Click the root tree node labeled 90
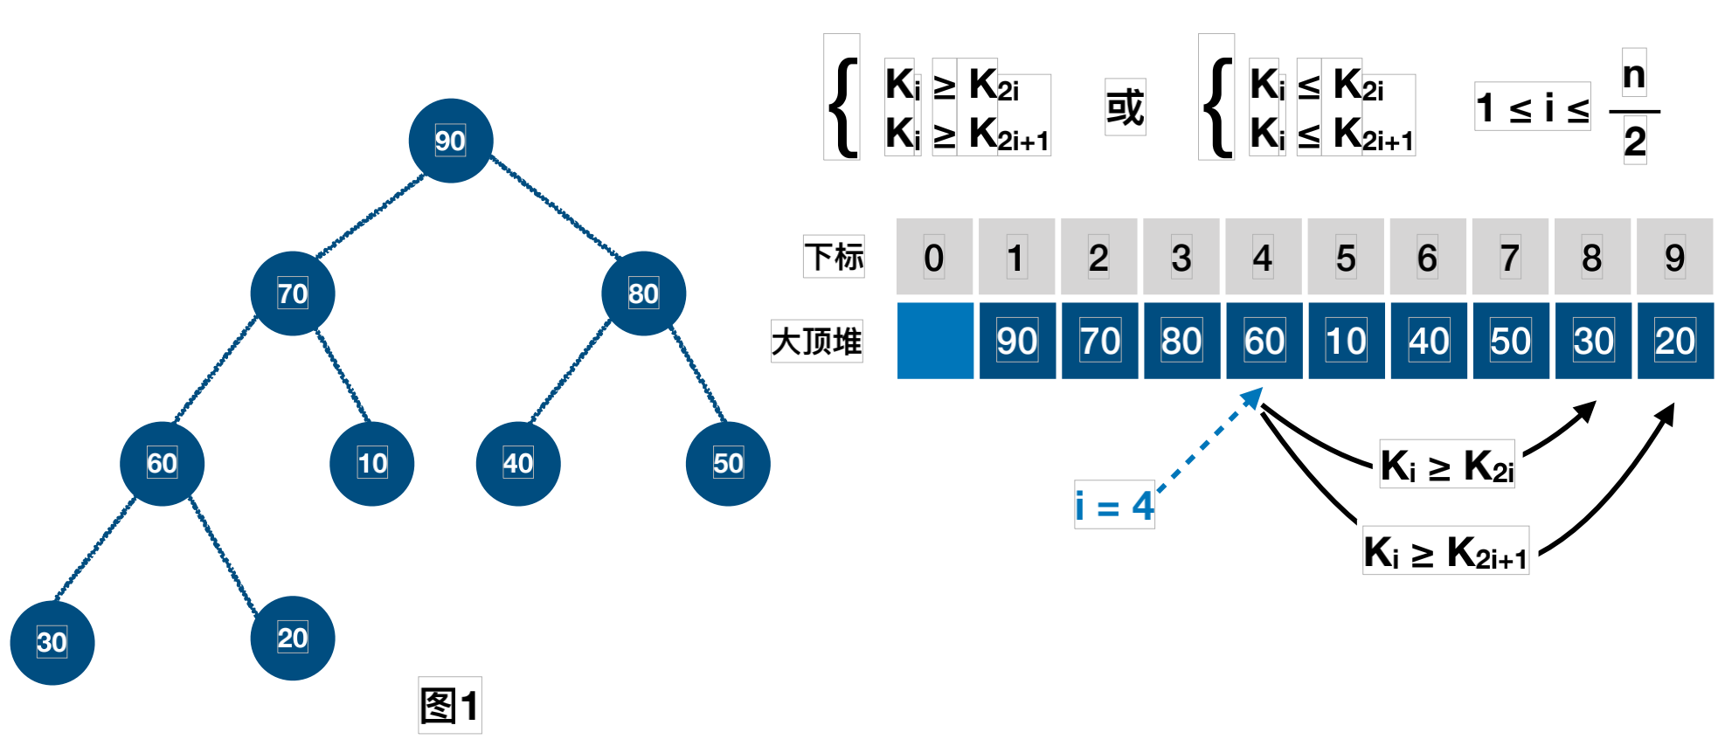pyautogui.click(x=451, y=141)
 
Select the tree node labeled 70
pyautogui.click(x=293, y=294)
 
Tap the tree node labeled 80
pyautogui.click(x=643, y=294)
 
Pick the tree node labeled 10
pyautogui.click(x=372, y=463)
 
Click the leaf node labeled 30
pyautogui.click(x=52, y=642)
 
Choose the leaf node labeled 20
pyautogui.click(x=293, y=638)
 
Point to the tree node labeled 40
pyautogui.click(x=518, y=463)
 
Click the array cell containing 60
pyautogui.click(x=1264, y=341)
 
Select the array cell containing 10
pyautogui.click(x=1346, y=341)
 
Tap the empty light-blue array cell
pyautogui.click(x=935, y=341)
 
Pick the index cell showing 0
pyautogui.click(x=934, y=257)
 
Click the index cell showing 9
pyautogui.click(x=1674, y=257)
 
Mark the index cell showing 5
pyautogui.click(x=1346, y=257)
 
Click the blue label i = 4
pyautogui.click(x=1114, y=505)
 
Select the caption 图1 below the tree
pyautogui.click(x=450, y=705)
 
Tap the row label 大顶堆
pyautogui.click(x=817, y=341)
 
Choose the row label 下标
pyautogui.click(x=835, y=257)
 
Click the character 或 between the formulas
pyautogui.click(x=1125, y=107)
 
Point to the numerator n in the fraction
pyautogui.click(x=1634, y=74)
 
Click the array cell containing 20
pyautogui.click(x=1675, y=341)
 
